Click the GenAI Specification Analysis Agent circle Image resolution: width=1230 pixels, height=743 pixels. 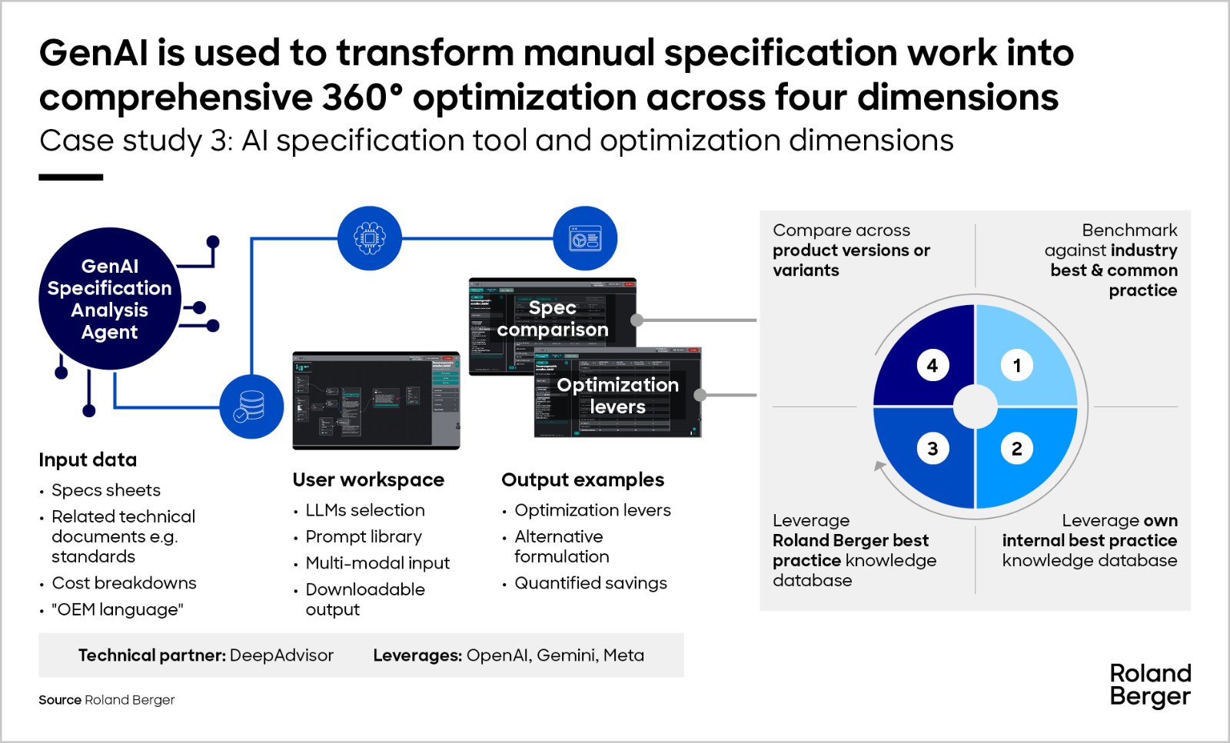point(110,299)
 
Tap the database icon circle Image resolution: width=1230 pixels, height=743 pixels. point(251,406)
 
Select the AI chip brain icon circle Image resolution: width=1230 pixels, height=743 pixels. point(370,238)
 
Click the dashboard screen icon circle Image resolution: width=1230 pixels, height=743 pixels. point(585,238)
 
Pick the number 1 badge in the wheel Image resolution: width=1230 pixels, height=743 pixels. point(1016,366)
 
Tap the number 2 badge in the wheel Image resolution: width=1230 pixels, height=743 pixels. point(1016,449)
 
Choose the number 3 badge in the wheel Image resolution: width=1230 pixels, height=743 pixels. point(932,449)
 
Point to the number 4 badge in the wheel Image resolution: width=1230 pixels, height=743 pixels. point(932,366)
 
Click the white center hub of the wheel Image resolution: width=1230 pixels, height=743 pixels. point(975,407)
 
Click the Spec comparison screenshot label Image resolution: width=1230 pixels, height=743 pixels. point(552,319)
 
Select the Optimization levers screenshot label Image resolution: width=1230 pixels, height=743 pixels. point(617,396)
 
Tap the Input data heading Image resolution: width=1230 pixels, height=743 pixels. point(88,459)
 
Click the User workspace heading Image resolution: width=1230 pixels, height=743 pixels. point(368,479)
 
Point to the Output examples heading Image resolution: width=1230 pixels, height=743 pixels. point(583,479)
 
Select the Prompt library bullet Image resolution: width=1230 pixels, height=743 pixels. point(364,536)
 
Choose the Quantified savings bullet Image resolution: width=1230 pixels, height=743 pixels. point(590,583)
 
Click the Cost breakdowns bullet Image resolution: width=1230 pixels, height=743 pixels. point(124,583)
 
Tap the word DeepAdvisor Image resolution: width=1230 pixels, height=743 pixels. point(281,655)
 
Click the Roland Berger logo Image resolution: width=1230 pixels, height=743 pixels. point(1150,685)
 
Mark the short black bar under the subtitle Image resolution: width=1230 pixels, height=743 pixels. point(71,177)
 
